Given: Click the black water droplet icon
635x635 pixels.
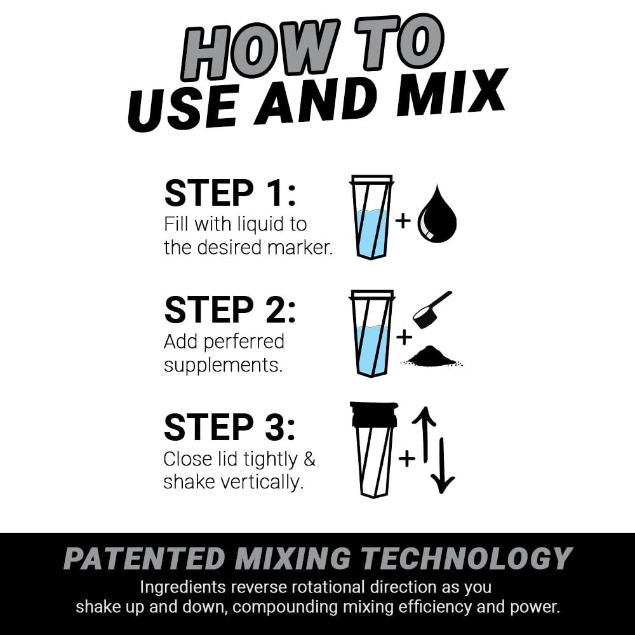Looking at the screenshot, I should [x=437, y=216].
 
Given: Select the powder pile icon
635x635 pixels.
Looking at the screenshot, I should [x=432, y=357].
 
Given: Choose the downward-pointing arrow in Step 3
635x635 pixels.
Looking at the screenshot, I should [x=443, y=467].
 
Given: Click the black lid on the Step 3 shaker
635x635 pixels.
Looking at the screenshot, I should [x=373, y=414].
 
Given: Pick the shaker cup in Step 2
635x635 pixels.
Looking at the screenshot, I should [x=372, y=333].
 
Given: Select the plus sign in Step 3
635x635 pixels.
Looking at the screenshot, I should [x=406, y=457].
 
